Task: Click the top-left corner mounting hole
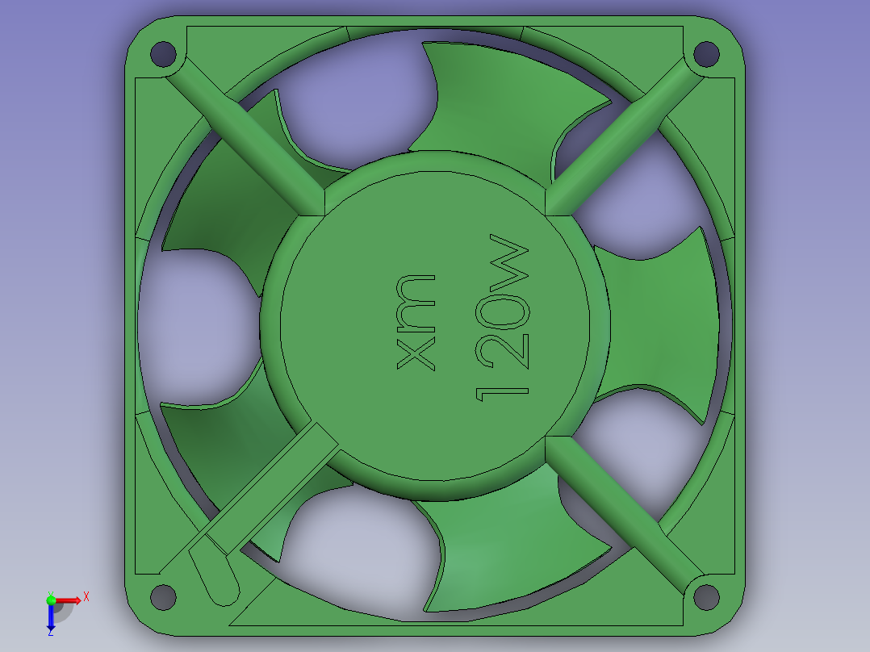point(163,54)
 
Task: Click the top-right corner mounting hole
point(706,54)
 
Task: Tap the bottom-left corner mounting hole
point(163,597)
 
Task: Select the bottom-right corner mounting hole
point(706,597)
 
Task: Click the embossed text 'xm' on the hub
point(416,323)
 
